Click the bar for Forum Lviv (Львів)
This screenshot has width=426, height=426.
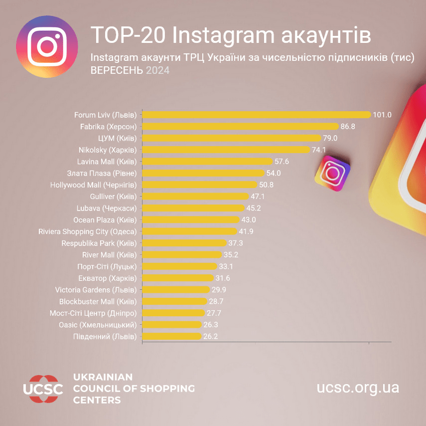[x=257, y=115]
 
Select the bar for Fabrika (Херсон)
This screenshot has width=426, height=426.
[x=241, y=127]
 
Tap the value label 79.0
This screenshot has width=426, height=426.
[x=330, y=138]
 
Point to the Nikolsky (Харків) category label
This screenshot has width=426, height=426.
[x=108, y=150]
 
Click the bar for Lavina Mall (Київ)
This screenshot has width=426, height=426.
[x=208, y=162]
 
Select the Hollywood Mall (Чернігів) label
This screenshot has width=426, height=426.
[x=94, y=185]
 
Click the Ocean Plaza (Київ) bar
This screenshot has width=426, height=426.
[x=191, y=219]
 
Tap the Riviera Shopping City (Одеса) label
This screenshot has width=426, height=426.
[x=88, y=231]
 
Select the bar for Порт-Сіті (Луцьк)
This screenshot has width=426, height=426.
[x=180, y=266]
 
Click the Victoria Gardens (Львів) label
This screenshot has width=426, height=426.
[x=96, y=289]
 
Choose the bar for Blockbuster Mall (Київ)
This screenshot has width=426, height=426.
[x=174, y=301]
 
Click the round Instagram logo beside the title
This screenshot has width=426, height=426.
[x=47, y=46]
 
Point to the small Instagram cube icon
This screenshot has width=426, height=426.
[x=332, y=173]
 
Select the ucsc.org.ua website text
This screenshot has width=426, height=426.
[x=358, y=388]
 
